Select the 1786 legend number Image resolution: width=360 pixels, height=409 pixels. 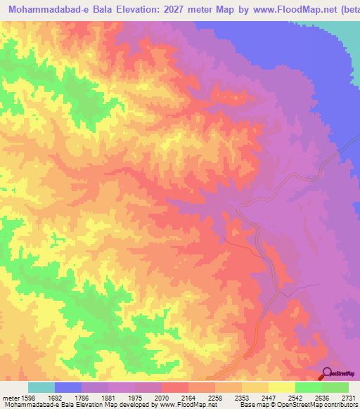click(x=95, y=396)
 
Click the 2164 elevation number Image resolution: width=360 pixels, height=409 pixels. click(x=201, y=396)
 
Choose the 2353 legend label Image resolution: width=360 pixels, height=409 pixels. click(x=255, y=396)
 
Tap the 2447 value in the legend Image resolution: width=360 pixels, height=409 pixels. click(x=281, y=396)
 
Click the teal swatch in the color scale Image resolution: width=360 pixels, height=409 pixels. click(x=41, y=387)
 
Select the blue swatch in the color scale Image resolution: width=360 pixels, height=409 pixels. click(x=68, y=387)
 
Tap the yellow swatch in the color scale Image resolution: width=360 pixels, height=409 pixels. click(x=281, y=387)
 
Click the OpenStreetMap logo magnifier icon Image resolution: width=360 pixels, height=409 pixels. click(x=326, y=373)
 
